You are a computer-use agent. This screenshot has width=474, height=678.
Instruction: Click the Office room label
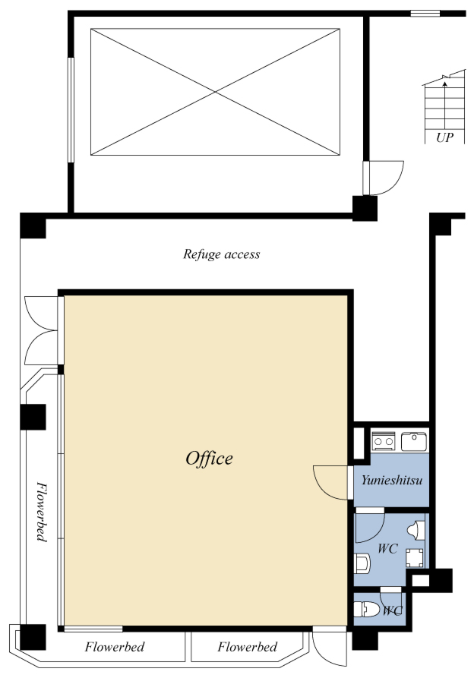[x=209, y=459]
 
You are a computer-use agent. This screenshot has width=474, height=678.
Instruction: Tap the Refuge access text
[x=222, y=254]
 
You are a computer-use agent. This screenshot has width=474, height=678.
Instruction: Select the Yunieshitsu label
[x=392, y=481]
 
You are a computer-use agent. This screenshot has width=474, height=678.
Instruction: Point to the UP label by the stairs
[x=444, y=137]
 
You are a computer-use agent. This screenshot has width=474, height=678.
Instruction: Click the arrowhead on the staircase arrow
[x=444, y=84]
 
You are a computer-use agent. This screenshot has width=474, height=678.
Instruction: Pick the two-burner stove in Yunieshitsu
[x=383, y=441]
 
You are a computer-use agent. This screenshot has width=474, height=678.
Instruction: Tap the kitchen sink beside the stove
[x=414, y=441]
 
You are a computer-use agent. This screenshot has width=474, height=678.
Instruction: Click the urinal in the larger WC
[x=416, y=530]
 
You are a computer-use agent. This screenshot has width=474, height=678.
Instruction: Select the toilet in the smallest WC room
[x=366, y=609]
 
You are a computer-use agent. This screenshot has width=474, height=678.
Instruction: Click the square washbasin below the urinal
[x=414, y=558]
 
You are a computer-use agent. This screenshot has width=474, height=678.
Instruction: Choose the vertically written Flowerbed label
[x=41, y=512]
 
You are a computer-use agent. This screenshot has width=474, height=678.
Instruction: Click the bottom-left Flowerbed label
[x=115, y=647]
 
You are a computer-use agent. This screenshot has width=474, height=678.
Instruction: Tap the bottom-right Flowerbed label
[x=248, y=647]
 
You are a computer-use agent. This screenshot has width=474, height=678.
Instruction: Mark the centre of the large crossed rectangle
[x=216, y=92]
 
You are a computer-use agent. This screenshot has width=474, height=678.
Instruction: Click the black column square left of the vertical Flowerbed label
[x=33, y=417]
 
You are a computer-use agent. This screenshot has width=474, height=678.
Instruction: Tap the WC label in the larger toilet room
[x=387, y=549]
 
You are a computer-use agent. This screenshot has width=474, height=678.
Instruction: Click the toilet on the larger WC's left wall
[x=362, y=563]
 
